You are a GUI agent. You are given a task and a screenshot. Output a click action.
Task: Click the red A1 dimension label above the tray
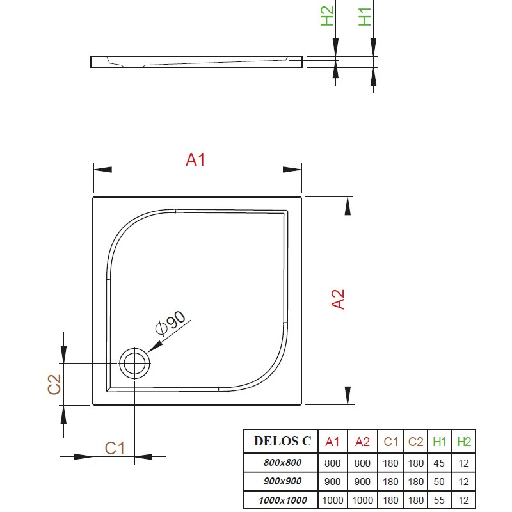[x=195, y=160]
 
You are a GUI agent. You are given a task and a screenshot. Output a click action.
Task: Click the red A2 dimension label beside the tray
[x=338, y=299]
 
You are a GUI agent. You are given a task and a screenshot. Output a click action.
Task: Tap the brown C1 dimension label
[x=115, y=449]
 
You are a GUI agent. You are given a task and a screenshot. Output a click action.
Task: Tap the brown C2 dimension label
[x=54, y=385]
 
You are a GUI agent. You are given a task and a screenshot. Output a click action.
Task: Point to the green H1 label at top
[x=365, y=17]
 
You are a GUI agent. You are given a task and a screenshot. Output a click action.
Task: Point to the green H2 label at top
[x=327, y=16]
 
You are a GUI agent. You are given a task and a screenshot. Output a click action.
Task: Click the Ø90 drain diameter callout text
[x=170, y=323]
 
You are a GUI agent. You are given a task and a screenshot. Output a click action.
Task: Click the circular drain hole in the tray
[x=134, y=364]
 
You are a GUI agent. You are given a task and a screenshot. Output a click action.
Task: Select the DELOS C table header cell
[x=282, y=441]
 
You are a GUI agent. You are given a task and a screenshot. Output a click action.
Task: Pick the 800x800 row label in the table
[x=282, y=463]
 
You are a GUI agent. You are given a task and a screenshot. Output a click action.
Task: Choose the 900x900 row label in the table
[x=282, y=481]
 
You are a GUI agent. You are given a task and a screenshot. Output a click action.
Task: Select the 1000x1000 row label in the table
[x=283, y=500]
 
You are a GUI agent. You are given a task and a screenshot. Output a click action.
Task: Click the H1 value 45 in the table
[x=439, y=463]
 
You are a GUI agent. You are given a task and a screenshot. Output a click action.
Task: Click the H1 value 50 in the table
[x=439, y=482]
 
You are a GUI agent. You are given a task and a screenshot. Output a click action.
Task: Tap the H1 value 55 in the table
[x=439, y=500]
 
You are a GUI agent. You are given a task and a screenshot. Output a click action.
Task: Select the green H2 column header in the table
[x=463, y=442]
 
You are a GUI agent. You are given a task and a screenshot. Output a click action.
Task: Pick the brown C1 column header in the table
[x=390, y=442]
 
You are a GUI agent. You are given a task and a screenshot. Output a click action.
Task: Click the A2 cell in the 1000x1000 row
[x=362, y=500]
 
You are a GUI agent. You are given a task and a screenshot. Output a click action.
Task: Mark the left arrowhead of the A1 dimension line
[x=103, y=170]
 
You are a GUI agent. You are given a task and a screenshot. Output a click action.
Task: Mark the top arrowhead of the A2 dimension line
[x=348, y=206]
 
